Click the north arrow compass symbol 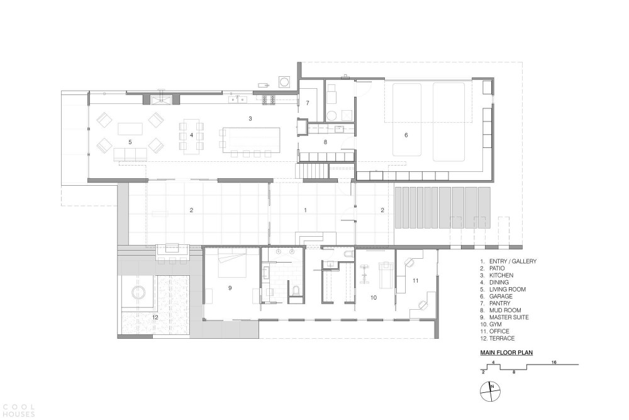click(x=491, y=392)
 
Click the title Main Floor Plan click(x=506, y=353)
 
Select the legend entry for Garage click(x=496, y=297)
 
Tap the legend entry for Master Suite click(x=504, y=317)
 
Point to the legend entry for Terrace click(x=498, y=339)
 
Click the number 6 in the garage click(x=406, y=135)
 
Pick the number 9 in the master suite click(x=230, y=288)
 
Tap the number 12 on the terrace click(x=155, y=317)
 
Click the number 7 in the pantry click(x=308, y=103)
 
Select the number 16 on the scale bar click(x=554, y=362)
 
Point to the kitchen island click(x=250, y=140)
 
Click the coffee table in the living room click(x=130, y=129)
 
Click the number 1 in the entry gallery click(x=306, y=210)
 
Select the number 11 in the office click(x=416, y=281)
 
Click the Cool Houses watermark click(x=18, y=411)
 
